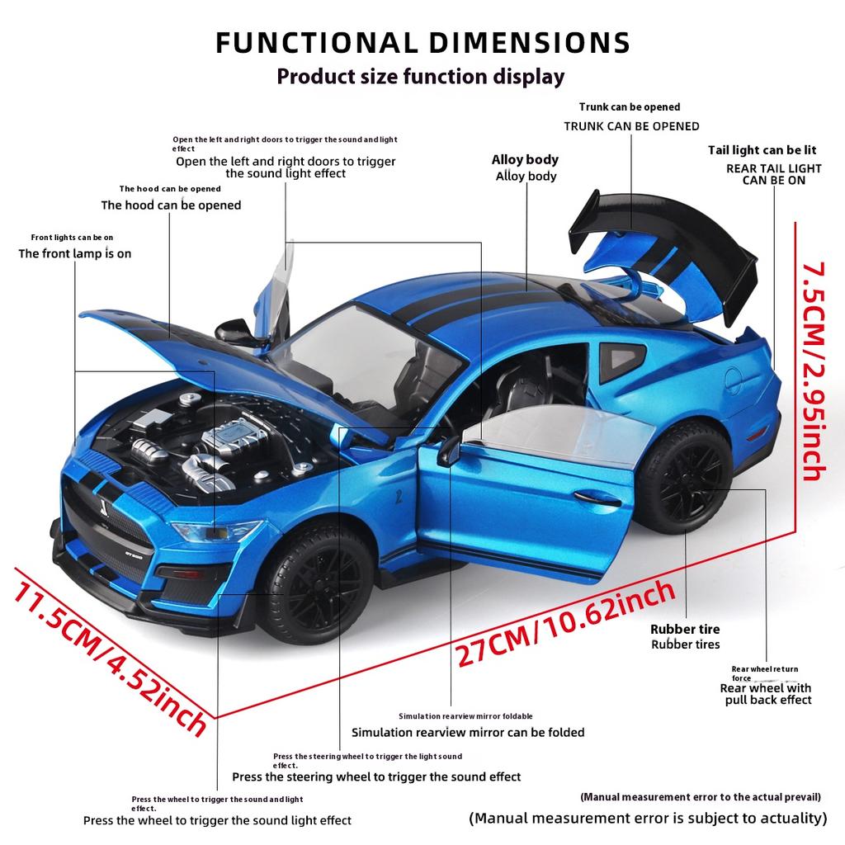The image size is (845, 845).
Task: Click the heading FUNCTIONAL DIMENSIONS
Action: click(x=422, y=43)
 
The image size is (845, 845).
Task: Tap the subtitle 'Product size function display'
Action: click(x=421, y=77)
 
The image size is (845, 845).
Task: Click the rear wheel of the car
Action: click(x=684, y=479)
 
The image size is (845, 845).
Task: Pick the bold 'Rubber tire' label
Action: click(x=685, y=629)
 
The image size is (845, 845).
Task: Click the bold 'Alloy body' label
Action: click(x=525, y=160)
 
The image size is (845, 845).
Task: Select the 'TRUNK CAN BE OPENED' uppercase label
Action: click(x=631, y=126)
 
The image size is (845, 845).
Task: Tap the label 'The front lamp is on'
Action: click(x=75, y=253)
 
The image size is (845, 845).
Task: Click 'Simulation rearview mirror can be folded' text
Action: click(x=468, y=732)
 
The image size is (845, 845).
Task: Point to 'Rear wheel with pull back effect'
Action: click(x=766, y=694)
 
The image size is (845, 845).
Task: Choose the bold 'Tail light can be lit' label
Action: click(x=762, y=150)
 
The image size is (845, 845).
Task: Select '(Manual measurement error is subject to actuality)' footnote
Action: click(x=648, y=819)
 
